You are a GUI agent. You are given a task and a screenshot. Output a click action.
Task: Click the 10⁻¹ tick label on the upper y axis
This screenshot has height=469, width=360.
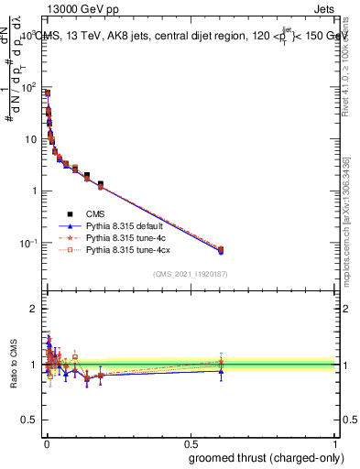[x=27, y=243]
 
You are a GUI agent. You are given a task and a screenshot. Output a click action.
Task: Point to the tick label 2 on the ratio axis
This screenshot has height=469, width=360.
[x=33, y=309]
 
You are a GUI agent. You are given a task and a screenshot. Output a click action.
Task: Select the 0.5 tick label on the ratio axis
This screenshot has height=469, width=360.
[x=29, y=420]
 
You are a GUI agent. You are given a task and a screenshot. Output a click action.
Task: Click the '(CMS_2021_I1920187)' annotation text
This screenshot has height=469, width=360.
[x=190, y=274]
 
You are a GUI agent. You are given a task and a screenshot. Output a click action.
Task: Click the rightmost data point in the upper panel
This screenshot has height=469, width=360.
[x=220, y=249]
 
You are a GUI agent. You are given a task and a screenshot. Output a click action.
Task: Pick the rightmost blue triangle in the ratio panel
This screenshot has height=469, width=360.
[x=220, y=371]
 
